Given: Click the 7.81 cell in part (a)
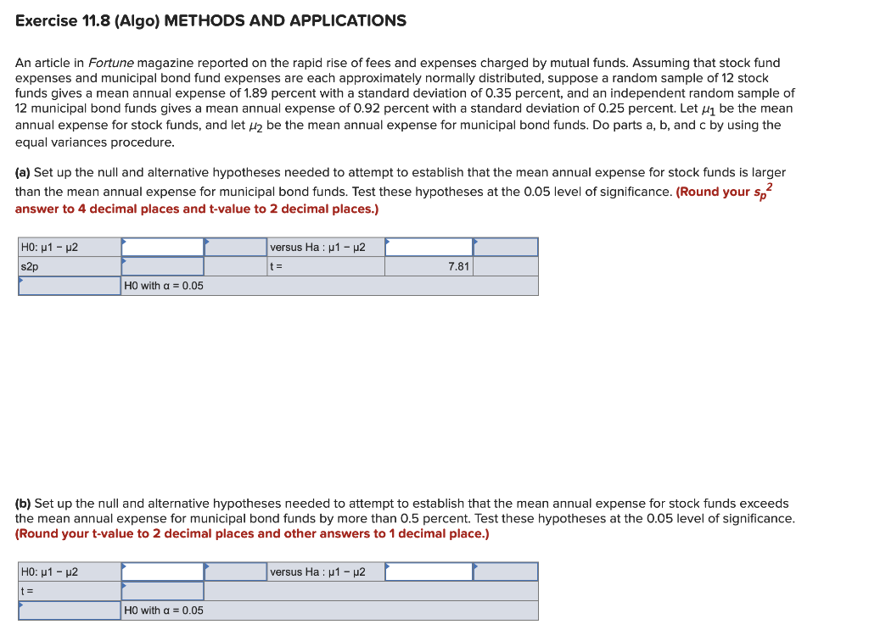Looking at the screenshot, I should (429, 266).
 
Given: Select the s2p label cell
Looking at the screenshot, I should (69, 266).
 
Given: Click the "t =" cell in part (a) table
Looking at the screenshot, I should (325, 266).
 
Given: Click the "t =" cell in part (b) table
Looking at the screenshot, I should (69, 591).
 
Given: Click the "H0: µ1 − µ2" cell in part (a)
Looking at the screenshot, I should (69, 247).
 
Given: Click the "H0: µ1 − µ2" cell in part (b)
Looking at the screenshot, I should (69, 571).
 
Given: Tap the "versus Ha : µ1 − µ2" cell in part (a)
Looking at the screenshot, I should (325, 247).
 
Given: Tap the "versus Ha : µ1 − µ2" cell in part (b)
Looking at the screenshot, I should (325, 571).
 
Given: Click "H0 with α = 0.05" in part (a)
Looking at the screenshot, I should (164, 286).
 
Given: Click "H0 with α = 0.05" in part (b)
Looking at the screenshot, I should (164, 610).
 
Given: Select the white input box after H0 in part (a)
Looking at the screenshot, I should (163, 247).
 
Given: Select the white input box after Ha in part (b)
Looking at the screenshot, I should (429, 571).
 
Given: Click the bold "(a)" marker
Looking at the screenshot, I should (23, 172).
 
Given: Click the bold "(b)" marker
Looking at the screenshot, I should (23, 503).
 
